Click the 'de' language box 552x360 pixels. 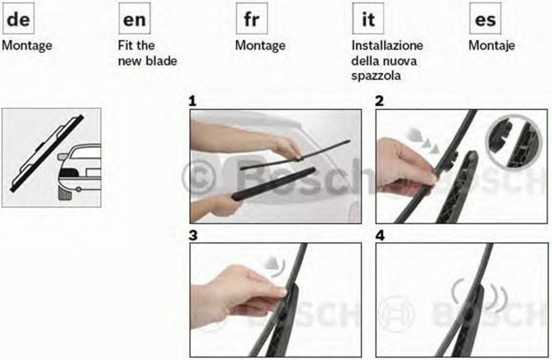[x=18, y=19]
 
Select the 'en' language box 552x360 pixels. [x=134, y=19]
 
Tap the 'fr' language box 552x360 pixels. [x=252, y=19]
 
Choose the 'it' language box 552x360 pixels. [x=368, y=19]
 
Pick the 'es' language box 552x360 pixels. [x=485, y=19]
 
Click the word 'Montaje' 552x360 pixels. [x=492, y=46]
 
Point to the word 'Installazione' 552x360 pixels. [x=387, y=45]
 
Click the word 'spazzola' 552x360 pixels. [x=376, y=76]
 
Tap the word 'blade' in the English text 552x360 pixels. [x=162, y=61]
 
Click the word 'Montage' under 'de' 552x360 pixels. [x=27, y=46]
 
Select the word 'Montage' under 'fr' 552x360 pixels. [x=260, y=46]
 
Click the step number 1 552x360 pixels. [x=192, y=101]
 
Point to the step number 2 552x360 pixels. [x=379, y=101]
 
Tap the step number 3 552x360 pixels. [x=193, y=236]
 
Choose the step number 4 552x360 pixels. [x=380, y=236]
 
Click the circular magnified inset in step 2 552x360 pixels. [x=514, y=141]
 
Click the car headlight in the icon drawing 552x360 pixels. [x=70, y=172]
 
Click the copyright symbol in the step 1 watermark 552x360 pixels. [x=199, y=178]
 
